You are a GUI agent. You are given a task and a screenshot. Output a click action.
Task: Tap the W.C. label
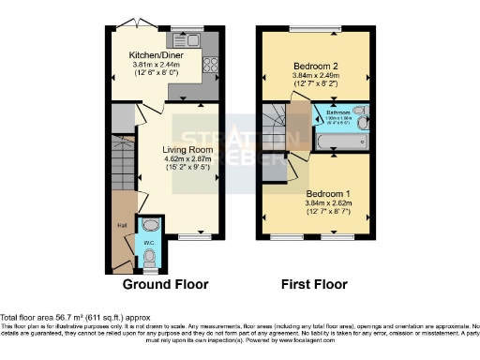pyautogui.click(x=149, y=244)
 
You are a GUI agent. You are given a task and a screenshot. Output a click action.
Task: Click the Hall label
pyautogui.click(x=122, y=226)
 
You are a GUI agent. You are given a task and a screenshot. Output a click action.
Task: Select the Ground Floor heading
pyautogui.click(x=166, y=284)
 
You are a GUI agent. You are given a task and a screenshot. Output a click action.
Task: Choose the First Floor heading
pyautogui.click(x=314, y=284)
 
